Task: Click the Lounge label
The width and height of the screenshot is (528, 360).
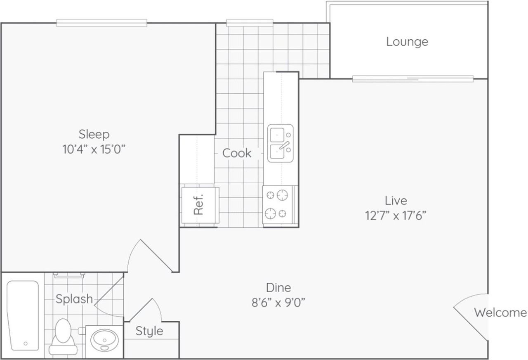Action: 407,42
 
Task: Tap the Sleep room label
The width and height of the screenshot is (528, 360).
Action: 94,134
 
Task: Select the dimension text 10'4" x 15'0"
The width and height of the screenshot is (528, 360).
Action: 94,149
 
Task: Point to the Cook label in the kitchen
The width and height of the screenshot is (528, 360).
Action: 237,153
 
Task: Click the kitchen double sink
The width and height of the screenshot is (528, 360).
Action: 280,143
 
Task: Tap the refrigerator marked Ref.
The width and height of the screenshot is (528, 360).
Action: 200,205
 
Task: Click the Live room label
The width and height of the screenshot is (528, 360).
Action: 396,201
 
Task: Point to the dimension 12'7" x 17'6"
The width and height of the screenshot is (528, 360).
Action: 396,216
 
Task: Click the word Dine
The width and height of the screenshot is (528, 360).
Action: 278,288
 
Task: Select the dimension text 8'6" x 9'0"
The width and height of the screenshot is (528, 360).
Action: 278,303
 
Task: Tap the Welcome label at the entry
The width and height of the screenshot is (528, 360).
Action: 500,313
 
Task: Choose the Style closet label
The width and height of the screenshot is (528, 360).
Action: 149,331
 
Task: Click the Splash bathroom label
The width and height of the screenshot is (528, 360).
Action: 74,299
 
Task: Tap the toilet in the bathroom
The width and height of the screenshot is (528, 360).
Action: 63,337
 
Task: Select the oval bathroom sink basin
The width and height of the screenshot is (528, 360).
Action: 104,340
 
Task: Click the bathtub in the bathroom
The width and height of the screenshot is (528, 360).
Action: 23,316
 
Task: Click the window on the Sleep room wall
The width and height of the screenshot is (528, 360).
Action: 101,23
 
